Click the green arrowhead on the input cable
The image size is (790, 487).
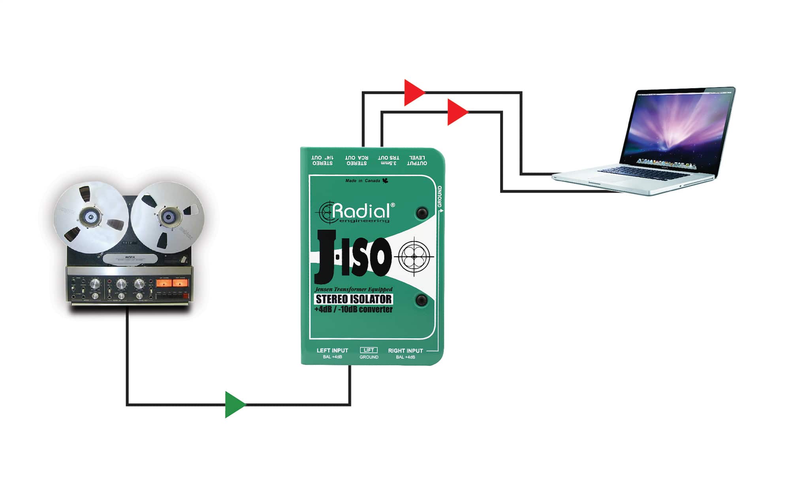pyautogui.click(x=234, y=404)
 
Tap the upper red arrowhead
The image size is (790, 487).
pyautogui.click(x=413, y=93)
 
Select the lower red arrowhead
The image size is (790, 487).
pyautogui.click(x=456, y=112)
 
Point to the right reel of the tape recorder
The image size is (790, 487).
pyautogui.click(x=167, y=217)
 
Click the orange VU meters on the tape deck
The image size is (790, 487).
pyautogui.click(x=172, y=283)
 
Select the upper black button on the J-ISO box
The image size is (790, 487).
pyautogui.click(x=422, y=213)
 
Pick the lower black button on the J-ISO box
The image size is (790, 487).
pyautogui.click(x=422, y=300)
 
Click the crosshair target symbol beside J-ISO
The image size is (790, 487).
pyautogui.click(x=414, y=257)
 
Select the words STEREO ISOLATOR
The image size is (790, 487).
pyautogui.click(x=354, y=299)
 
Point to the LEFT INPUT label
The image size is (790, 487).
pyautogui.click(x=332, y=350)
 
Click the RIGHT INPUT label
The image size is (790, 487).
pyautogui.click(x=405, y=350)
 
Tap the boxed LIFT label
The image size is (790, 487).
pyautogui.click(x=369, y=350)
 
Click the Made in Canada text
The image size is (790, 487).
pyautogui.click(x=363, y=181)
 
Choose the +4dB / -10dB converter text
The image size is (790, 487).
pyautogui.click(x=354, y=310)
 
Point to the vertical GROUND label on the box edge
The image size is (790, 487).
pyautogui.click(x=440, y=196)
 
